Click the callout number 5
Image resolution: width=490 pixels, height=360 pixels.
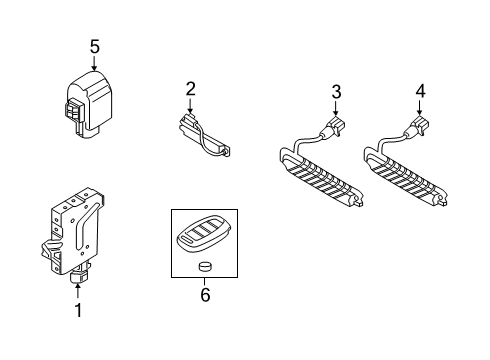tap(95, 47)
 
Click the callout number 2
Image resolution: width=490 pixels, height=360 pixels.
tap(190, 89)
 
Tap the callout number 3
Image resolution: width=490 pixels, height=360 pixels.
tap(336, 92)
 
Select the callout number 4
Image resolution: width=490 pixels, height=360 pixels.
tap(420, 91)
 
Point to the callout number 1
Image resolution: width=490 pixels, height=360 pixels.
tap(78, 310)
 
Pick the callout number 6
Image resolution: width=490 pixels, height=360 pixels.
tap(205, 295)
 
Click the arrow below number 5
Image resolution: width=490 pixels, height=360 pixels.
tap(95, 63)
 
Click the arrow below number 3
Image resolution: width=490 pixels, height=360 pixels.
tap(336, 108)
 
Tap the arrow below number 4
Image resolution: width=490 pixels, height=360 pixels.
tap(419, 108)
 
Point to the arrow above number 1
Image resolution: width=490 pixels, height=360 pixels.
tap(78, 290)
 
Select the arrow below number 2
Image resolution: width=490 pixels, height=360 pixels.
tap(190, 105)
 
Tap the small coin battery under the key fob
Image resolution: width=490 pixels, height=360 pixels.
tap(205, 266)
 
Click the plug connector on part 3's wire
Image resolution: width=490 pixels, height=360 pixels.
tap(335, 127)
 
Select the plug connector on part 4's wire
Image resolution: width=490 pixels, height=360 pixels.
tap(419, 127)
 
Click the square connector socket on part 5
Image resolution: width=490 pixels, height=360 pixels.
tap(73, 111)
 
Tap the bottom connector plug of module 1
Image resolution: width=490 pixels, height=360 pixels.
tap(78, 276)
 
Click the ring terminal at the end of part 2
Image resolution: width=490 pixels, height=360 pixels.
tap(226, 152)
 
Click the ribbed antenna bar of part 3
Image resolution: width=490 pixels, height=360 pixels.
tap(321, 178)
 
